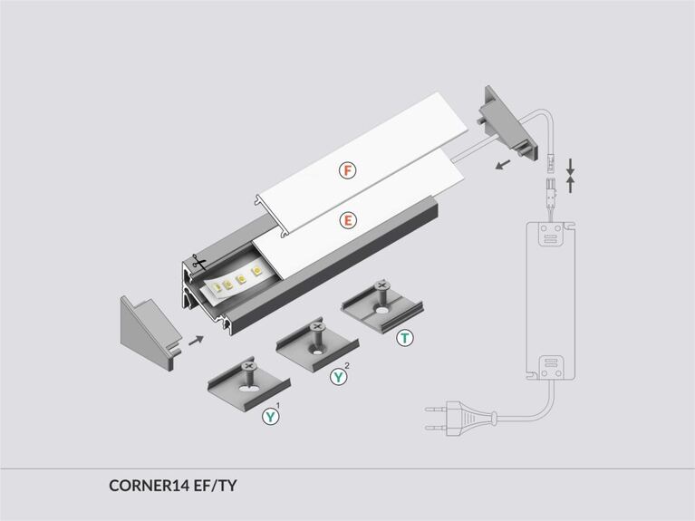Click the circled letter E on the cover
coord(348,220)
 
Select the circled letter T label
coord(405,338)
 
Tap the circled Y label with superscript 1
coord(270,416)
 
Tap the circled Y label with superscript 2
coord(338,376)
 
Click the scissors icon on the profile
coord(198,262)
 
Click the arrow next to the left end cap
coord(196,341)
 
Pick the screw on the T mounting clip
coord(381,295)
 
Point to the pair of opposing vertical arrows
coord(570,175)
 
